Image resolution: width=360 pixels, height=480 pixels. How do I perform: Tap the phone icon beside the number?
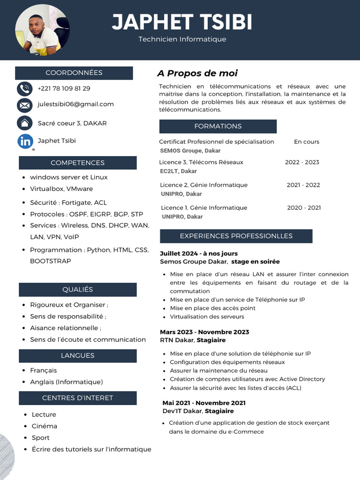point(24,89)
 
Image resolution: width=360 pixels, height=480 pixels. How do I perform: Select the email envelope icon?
point(24,105)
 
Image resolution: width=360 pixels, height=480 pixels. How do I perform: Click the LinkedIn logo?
point(25,141)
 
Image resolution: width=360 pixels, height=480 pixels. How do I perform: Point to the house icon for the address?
point(24,123)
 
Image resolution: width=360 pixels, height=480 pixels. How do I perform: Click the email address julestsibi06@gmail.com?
point(75,104)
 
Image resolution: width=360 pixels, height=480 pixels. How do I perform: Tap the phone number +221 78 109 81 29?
point(64,88)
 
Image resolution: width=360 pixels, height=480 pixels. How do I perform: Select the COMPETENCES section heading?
point(77,163)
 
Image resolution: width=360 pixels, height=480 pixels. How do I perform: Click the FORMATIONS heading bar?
point(217,126)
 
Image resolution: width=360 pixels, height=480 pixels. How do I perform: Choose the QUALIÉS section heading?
point(77,289)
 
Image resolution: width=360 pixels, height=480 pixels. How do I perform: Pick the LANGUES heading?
point(77,355)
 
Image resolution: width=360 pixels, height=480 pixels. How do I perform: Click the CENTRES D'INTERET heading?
point(77,398)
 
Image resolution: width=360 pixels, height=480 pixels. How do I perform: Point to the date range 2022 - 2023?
point(302,162)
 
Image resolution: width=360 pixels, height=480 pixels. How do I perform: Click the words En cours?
point(307,142)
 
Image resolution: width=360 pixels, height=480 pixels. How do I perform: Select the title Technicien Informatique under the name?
point(182,39)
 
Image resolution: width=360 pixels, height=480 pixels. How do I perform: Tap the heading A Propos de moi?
point(197,73)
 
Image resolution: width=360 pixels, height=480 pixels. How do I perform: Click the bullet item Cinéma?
point(45,426)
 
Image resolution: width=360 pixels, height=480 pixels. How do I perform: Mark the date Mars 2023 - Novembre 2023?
point(204,332)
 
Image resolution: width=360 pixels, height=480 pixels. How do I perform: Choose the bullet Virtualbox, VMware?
point(61,189)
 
